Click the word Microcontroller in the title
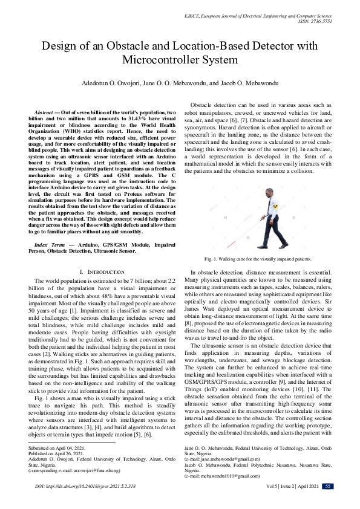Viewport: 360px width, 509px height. tap(160, 59)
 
